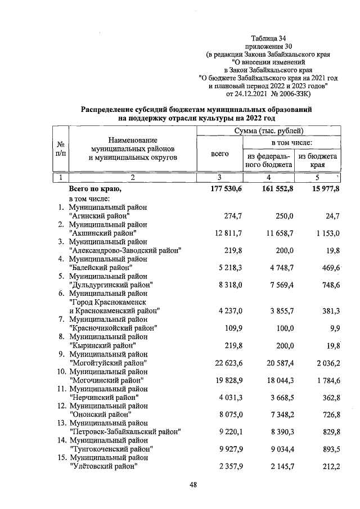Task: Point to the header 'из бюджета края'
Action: click(318, 160)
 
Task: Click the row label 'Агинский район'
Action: click(99, 215)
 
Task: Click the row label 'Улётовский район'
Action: click(103, 466)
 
